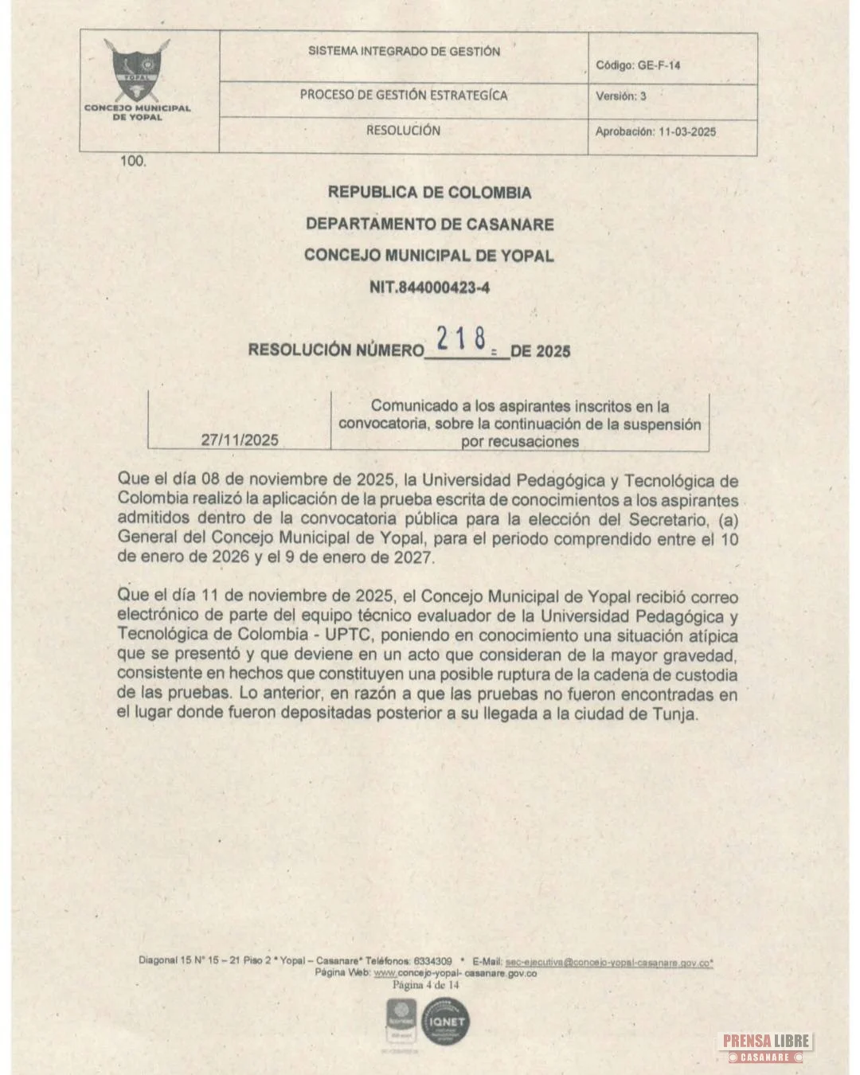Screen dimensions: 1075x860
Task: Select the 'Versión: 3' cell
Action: pyautogui.click(x=621, y=96)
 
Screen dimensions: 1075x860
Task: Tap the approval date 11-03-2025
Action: pyautogui.click(x=687, y=132)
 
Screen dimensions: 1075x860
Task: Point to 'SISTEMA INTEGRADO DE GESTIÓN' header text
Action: pyautogui.click(x=404, y=52)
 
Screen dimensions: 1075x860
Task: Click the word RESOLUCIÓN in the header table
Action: pyautogui.click(x=403, y=131)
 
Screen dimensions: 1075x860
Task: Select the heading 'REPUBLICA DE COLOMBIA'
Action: pyautogui.click(x=429, y=193)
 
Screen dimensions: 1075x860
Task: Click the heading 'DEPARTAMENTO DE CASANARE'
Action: pyautogui.click(x=429, y=225)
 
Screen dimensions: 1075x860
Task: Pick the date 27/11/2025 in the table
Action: pyautogui.click(x=240, y=440)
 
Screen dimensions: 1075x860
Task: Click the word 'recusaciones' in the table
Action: pyautogui.click(x=520, y=442)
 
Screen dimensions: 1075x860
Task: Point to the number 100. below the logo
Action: pyautogui.click(x=133, y=161)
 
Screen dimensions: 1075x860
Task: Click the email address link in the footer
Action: pyautogui.click(x=608, y=962)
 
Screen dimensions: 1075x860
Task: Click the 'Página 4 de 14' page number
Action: pyautogui.click(x=426, y=985)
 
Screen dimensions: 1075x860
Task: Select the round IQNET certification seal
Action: pyautogui.click(x=446, y=1022)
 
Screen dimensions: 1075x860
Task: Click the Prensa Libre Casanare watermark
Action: pyautogui.click(x=766, y=1046)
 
